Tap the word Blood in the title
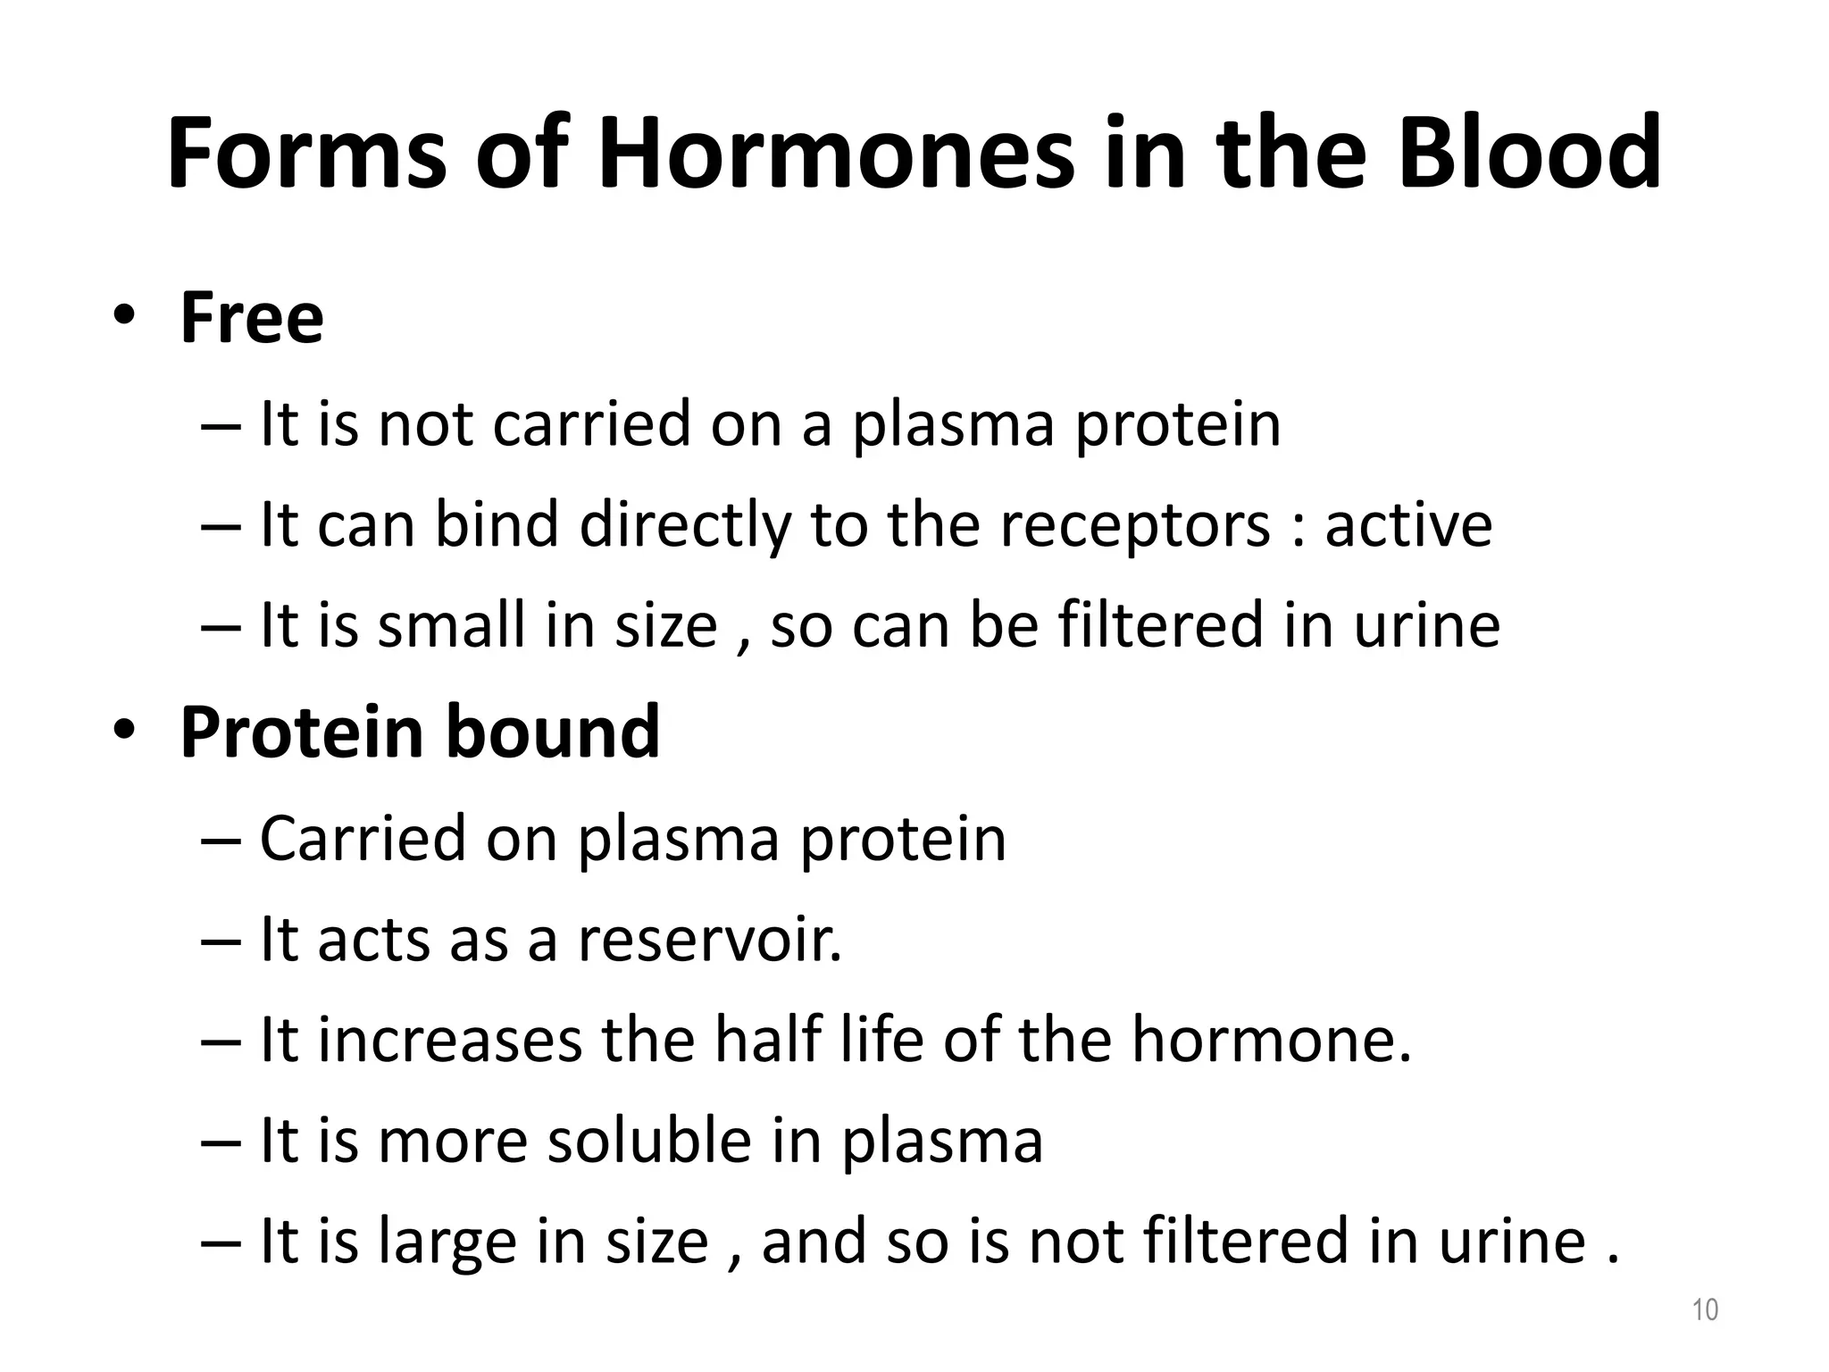(1529, 154)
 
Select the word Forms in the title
(306, 154)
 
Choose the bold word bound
(553, 732)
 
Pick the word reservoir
(710, 940)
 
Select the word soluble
(649, 1141)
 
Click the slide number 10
(1705, 1309)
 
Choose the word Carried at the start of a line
(363, 839)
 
